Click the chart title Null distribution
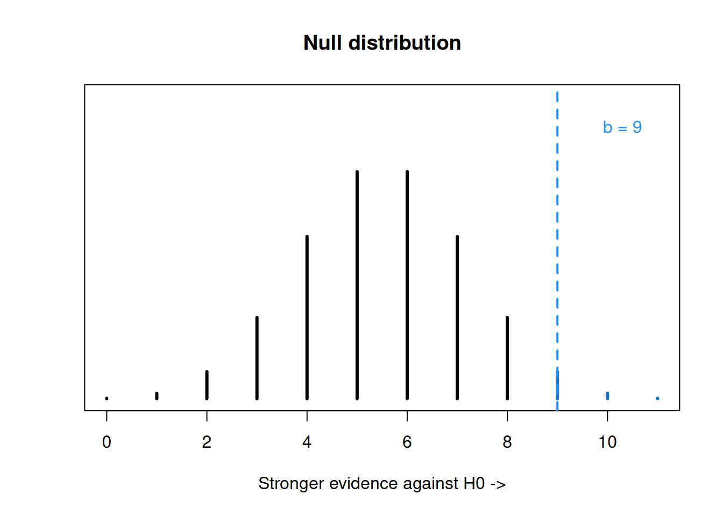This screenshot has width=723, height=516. [382, 43]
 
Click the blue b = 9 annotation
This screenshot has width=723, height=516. [622, 127]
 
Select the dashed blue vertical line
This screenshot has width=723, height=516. [557, 251]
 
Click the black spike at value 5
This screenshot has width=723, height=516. [357, 285]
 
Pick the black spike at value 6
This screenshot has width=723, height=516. [407, 285]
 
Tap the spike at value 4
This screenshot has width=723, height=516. [307, 318]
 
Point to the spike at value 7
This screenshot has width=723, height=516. [457, 318]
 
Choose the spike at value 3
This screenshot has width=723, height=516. [257, 358]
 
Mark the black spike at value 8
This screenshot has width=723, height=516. [507, 358]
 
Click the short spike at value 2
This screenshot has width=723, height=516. [207, 385]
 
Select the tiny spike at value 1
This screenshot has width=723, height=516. [157, 396]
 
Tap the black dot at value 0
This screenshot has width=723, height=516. [107, 398]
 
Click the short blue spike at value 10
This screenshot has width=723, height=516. [607, 396]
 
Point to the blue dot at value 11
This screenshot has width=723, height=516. [657, 398]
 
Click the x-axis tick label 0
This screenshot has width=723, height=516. [107, 442]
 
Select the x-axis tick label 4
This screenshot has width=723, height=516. [307, 442]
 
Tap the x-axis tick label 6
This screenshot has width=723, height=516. [407, 442]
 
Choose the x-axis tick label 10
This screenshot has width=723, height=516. [607, 442]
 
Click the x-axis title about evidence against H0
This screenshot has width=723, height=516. [382, 483]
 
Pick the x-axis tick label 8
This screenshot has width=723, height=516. [507, 442]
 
